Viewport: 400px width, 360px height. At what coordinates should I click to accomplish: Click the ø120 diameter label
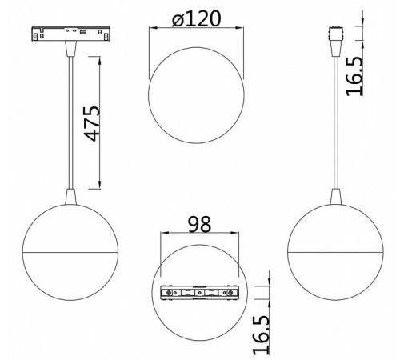[x=197, y=18]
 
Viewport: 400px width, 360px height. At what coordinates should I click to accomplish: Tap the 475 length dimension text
[x=92, y=123]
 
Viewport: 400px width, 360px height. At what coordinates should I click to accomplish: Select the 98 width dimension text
[x=199, y=224]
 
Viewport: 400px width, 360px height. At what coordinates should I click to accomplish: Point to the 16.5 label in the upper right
[x=354, y=77]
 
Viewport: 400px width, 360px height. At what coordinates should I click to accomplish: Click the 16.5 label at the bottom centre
[x=262, y=335]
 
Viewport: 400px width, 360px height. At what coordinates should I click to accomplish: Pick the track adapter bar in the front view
[x=70, y=34]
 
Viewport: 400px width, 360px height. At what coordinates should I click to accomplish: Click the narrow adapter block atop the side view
[x=336, y=34]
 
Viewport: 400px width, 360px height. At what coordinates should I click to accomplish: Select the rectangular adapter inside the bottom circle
[x=199, y=293]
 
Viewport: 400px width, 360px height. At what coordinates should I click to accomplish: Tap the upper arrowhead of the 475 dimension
[x=100, y=61]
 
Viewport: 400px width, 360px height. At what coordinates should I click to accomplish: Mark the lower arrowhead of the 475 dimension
[x=100, y=185]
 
